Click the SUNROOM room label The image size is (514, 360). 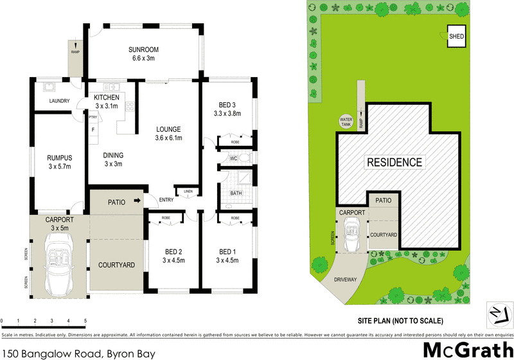pos(143,50)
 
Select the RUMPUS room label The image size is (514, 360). pos(58,156)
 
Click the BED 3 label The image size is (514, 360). pos(226,105)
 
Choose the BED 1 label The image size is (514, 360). pos(227,251)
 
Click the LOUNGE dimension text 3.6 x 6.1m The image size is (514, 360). pos(168,138)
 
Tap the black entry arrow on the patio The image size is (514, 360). pos(137,201)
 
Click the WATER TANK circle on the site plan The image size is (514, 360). pos(346,120)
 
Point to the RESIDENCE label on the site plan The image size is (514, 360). pos(394,162)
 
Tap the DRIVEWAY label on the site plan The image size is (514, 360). pos(345,280)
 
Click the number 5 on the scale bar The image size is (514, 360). pos(85,320)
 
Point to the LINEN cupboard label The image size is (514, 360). pos(188,192)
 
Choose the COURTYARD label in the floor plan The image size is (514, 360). pos(116,265)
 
